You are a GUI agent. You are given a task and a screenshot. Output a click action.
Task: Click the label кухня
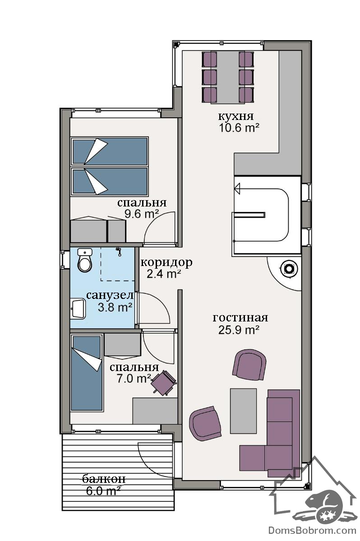point(235,116)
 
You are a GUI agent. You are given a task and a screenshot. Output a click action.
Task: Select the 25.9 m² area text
point(239,330)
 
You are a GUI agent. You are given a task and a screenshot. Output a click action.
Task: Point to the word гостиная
point(240,318)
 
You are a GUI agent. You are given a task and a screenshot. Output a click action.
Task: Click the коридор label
point(166,262)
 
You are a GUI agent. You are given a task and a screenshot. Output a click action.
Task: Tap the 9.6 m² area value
point(142,214)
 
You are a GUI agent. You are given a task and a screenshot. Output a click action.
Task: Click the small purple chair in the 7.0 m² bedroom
point(163,382)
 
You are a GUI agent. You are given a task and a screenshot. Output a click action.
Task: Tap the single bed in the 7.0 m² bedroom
point(86,372)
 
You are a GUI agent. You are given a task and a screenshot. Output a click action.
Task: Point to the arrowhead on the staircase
point(237,188)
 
